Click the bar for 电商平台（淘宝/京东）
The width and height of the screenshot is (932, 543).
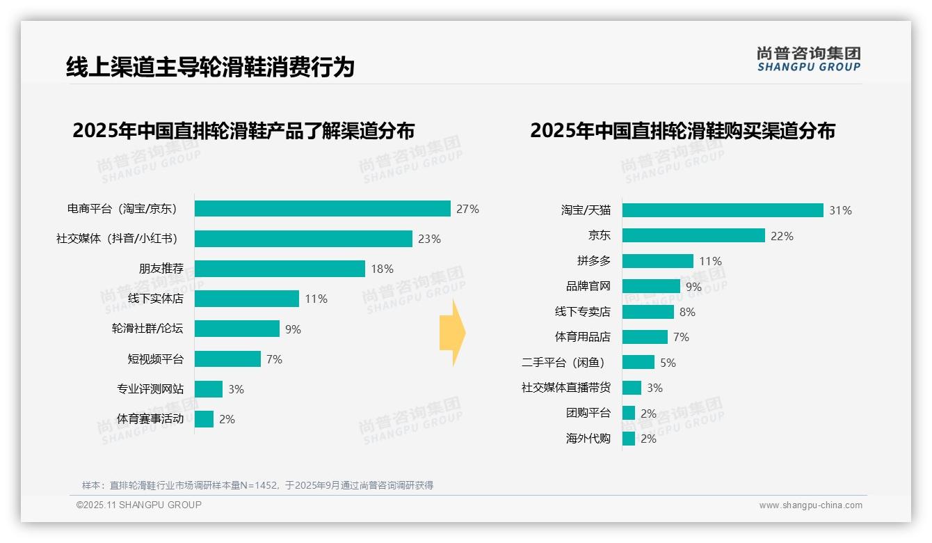pos(322,209)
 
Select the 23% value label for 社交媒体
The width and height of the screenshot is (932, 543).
pos(429,239)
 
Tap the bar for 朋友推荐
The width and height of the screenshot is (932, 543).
pos(280,269)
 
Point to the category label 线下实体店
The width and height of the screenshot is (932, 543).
pos(156,299)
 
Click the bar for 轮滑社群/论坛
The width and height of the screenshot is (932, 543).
pos(236,329)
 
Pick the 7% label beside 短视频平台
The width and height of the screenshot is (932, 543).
pos(274,359)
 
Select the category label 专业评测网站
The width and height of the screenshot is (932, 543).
pos(150,389)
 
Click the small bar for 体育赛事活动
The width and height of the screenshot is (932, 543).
pos(204,419)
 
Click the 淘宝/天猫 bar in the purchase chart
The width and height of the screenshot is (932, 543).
pos(723,210)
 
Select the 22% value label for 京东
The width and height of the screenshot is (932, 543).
pos(782,236)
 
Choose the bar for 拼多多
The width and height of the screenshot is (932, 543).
pos(657,261)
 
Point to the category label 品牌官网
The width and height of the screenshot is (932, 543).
pos(588,286)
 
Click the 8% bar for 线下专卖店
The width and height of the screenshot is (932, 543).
pos(648,312)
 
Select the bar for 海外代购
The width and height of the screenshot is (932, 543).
pos(629,439)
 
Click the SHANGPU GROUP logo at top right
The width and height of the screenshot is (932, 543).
pos(808,59)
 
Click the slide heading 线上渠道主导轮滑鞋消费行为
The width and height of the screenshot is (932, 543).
pos(210,67)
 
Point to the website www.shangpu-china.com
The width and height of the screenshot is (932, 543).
pos(810,505)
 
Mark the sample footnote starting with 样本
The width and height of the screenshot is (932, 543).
pos(257,485)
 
